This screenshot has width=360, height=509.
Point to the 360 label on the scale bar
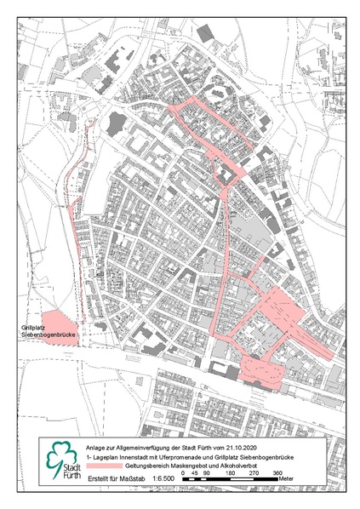[x=277, y=473]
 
